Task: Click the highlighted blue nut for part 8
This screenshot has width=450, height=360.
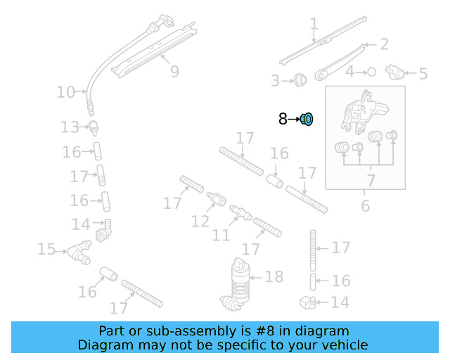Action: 307,119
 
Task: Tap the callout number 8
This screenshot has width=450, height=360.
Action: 283,119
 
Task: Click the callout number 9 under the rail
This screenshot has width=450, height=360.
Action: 174,71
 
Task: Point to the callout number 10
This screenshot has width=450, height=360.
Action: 65,92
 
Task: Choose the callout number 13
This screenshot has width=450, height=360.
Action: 70,127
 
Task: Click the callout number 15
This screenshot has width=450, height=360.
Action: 46,249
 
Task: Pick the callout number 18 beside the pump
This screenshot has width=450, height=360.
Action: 274,276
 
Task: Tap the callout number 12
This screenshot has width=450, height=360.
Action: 200,221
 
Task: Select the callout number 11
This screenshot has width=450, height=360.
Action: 221,234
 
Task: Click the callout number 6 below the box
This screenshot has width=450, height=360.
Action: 365,205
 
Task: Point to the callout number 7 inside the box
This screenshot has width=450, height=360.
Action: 371,180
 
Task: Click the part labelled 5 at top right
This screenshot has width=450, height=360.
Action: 398,72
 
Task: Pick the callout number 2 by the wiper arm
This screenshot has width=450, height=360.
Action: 384,44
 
